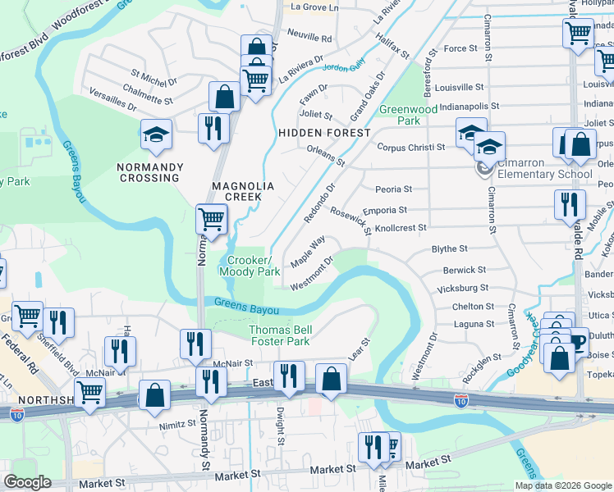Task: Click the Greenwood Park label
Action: point(408,115)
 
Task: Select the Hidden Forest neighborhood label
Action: point(324,132)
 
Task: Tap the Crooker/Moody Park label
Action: point(250,266)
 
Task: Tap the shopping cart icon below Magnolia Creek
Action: point(211,220)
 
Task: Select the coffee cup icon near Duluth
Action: point(578,340)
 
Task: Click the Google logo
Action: point(27,482)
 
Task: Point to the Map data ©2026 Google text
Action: point(563,485)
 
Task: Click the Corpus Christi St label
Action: point(410,148)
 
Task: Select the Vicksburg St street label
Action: point(463,288)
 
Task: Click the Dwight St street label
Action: point(280,428)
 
